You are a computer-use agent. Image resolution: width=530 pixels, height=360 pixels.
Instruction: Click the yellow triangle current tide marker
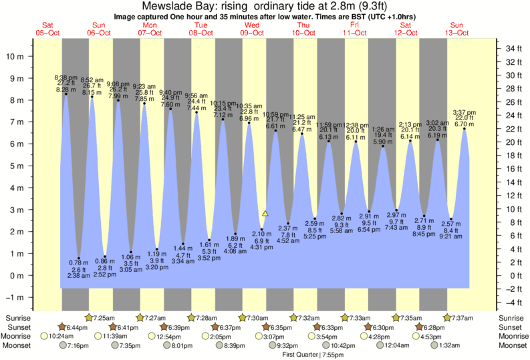point(265,214)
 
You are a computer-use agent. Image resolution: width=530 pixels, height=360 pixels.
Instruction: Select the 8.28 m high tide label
point(66,89)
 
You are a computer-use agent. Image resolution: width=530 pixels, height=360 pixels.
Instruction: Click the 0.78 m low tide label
point(80,262)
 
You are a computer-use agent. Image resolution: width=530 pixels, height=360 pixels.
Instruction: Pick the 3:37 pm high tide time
point(465,112)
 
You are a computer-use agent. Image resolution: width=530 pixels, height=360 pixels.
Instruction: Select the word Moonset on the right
point(512,346)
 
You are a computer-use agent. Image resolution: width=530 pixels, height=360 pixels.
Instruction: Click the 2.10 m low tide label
point(261,233)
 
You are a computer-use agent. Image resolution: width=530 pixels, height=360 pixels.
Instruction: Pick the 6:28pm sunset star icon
point(419,327)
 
